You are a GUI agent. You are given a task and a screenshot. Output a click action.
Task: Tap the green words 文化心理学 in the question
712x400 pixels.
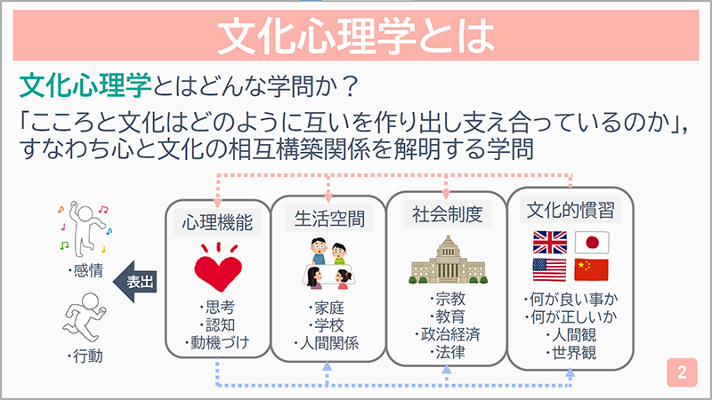(85, 85)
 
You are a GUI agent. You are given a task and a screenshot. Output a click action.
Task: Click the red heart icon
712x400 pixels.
(218, 268)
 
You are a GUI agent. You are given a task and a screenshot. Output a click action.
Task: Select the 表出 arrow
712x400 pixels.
(135, 282)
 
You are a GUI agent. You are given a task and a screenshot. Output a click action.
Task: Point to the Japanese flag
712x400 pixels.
(592, 243)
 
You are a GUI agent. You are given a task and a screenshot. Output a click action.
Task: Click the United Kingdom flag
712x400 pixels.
(550, 243)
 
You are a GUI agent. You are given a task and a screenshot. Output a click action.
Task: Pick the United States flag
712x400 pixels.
(549, 270)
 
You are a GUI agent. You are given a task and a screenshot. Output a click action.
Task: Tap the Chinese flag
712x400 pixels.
(591, 270)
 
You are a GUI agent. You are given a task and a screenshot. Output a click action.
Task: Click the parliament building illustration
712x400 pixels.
(449, 260)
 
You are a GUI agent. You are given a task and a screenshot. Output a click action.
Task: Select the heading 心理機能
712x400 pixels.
(217, 222)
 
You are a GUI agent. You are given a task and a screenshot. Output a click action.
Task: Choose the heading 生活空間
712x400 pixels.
(329, 219)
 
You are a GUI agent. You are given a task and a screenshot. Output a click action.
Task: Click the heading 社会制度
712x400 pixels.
(448, 214)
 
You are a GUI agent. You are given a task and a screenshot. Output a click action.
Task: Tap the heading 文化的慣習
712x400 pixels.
(570, 210)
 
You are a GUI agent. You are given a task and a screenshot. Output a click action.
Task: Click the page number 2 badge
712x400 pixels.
(682, 372)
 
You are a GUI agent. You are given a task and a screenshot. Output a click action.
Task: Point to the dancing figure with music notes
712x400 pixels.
(85, 230)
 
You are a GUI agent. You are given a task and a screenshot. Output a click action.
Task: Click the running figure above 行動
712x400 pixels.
(85, 317)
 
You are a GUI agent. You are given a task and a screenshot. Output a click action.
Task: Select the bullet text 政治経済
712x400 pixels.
(448, 334)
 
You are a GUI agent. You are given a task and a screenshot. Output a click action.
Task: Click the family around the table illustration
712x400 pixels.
(328, 263)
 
